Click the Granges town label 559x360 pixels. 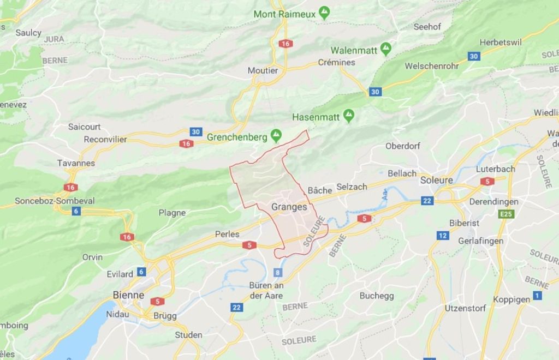289,207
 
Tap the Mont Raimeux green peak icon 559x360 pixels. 324,13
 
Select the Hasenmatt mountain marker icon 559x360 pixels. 348,116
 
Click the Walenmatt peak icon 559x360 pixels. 386,49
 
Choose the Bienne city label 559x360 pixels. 128,295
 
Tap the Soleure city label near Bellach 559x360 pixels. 436,180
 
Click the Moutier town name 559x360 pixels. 263,70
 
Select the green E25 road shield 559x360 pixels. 506,214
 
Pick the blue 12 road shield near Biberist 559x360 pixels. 443,236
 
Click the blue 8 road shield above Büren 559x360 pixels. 277,272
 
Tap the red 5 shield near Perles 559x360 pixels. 249,245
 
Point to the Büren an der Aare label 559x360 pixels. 266,290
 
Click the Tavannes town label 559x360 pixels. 76,163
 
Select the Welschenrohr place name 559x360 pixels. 431,66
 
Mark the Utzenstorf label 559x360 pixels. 465,308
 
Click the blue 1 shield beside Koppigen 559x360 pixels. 537,296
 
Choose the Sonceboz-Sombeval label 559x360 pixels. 55,201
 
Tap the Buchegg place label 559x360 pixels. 377,296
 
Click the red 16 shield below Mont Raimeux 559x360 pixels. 285,44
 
